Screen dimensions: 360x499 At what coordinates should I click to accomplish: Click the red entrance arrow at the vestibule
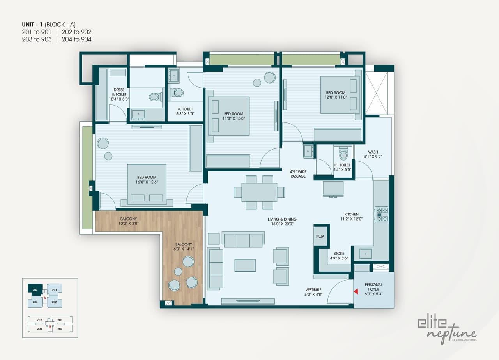pos(356,291)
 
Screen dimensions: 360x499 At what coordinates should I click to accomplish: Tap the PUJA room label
pos(320,236)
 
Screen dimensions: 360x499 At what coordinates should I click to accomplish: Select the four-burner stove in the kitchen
pos(381,214)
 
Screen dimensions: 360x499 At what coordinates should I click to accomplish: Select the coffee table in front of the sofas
pos(245,265)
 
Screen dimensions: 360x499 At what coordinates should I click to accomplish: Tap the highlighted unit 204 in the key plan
pos(35,289)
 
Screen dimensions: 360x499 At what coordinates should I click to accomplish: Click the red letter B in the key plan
pos(50,327)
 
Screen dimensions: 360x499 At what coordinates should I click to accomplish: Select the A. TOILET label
pos(185,111)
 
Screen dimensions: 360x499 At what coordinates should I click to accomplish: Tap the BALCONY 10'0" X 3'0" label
pos(129,221)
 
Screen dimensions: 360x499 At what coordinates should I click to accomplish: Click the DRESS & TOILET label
pos(119,95)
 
